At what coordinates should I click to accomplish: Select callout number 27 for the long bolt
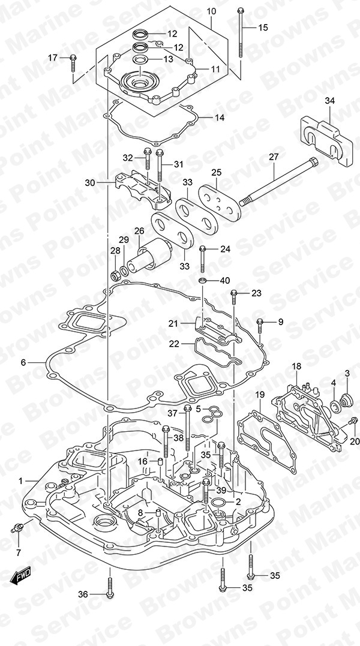(274, 157)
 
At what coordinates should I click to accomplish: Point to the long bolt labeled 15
(241, 32)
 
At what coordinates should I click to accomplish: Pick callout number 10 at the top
(211, 11)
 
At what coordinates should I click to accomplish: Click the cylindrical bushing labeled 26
(153, 256)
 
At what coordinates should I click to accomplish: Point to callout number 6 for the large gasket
(23, 362)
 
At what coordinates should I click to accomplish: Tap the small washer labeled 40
(203, 281)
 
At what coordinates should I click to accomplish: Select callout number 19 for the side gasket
(259, 395)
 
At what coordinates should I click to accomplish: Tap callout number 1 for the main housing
(20, 480)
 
